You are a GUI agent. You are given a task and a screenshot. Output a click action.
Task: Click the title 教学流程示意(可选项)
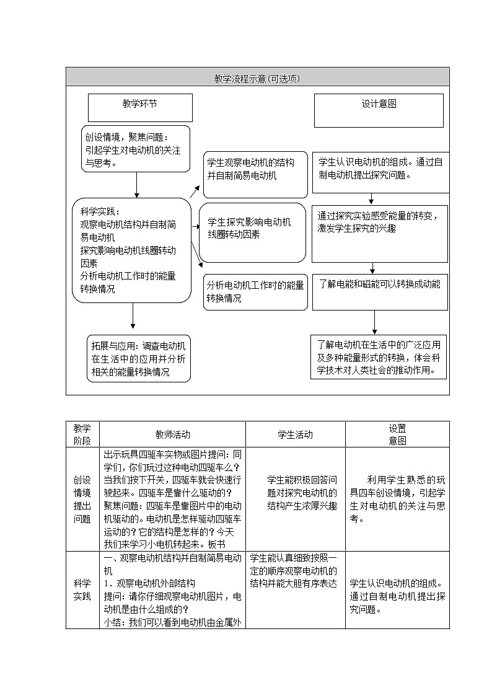pos(257,78)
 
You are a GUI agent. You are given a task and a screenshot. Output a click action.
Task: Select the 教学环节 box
pos(140,108)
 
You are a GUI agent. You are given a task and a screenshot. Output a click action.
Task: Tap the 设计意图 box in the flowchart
pos(379,110)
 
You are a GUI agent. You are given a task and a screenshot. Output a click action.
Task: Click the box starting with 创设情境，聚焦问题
pos(136,149)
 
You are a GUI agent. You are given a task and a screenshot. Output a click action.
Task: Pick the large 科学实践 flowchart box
pos(131,250)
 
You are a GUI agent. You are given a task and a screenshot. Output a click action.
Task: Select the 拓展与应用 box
pos(139,359)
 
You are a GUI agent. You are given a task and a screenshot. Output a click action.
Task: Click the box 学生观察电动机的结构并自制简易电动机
pos(255,175)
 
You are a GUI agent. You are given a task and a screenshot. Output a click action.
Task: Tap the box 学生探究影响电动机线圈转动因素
pos(255,232)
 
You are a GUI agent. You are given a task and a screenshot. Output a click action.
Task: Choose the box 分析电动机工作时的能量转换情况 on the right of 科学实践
pos(256,292)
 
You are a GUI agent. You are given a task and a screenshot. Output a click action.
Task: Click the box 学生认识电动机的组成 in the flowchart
pos(380,172)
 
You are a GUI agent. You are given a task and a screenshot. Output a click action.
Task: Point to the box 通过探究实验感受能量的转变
pos(379,233)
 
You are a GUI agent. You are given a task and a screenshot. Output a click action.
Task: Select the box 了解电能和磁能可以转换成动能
pos(380,292)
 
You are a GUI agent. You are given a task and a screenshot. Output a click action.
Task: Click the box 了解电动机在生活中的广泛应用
pos(379,357)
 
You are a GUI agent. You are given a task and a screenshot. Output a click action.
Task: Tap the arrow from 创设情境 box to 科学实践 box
pos(137,185)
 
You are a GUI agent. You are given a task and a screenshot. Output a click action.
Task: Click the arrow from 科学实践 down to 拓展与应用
pos(133,316)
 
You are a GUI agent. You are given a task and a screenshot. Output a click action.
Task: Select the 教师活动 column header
pos(172,434)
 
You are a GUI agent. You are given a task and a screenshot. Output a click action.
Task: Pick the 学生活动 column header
pos(295,434)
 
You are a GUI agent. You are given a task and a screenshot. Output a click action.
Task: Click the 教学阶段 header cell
pos(82,434)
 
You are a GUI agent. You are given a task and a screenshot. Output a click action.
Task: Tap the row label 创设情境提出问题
pos(82,499)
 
